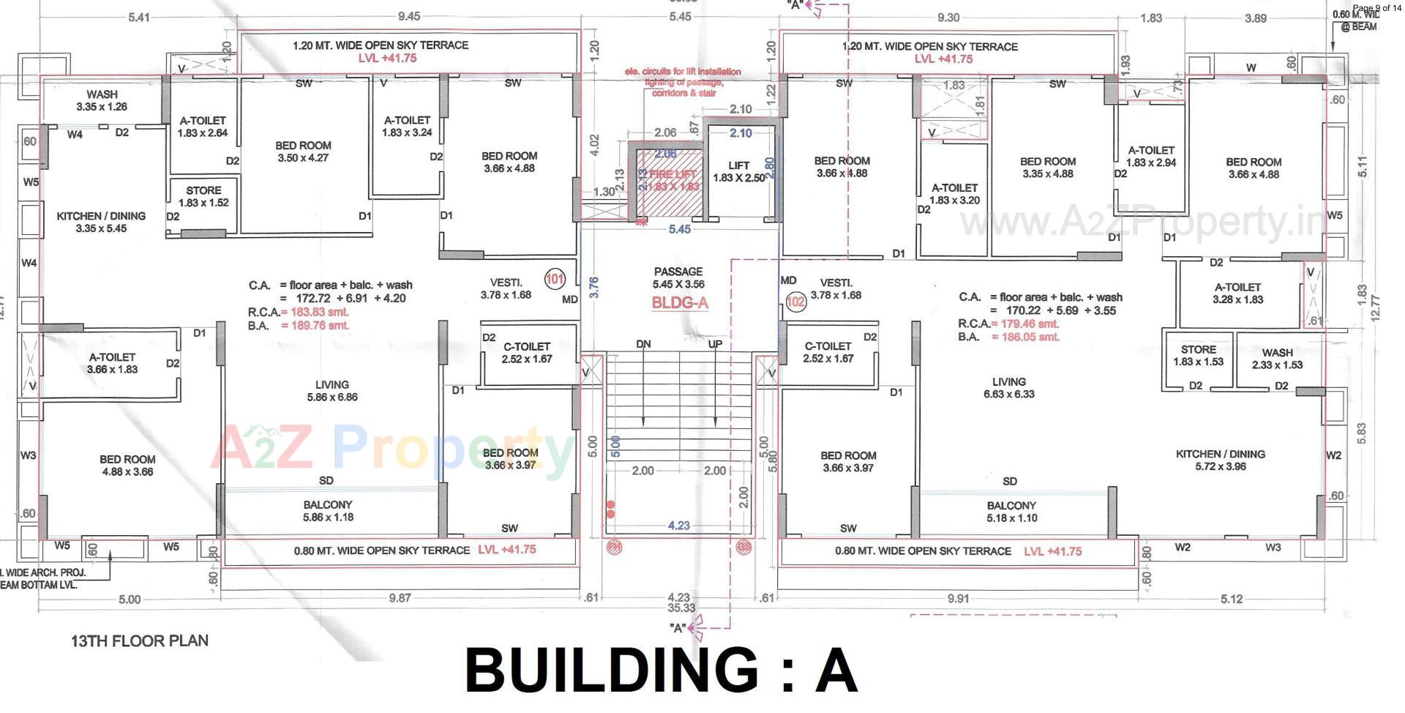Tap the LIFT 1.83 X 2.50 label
(x=738, y=172)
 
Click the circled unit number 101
(x=555, y=279)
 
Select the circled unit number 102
(x=795, y=301)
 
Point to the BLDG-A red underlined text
(x=680, y=303)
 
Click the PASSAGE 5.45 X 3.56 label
(x=678, y=277)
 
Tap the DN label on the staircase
(x=643, y=344)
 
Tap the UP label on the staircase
(x=715, y=344)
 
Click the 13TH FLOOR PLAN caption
(x=140, y=641)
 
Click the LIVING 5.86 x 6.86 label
(x=331, y=391)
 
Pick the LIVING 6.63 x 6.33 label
(x=1008, y=388)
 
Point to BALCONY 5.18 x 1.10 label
(x=1011, y=512)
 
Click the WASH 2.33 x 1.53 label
(x=1277, y=359)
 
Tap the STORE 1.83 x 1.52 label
(x=203, y=196)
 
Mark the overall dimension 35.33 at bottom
(x=681, y=608)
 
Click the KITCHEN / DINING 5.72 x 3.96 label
(x=1220, y=460)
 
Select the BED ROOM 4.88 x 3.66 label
(x=127, y=466)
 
